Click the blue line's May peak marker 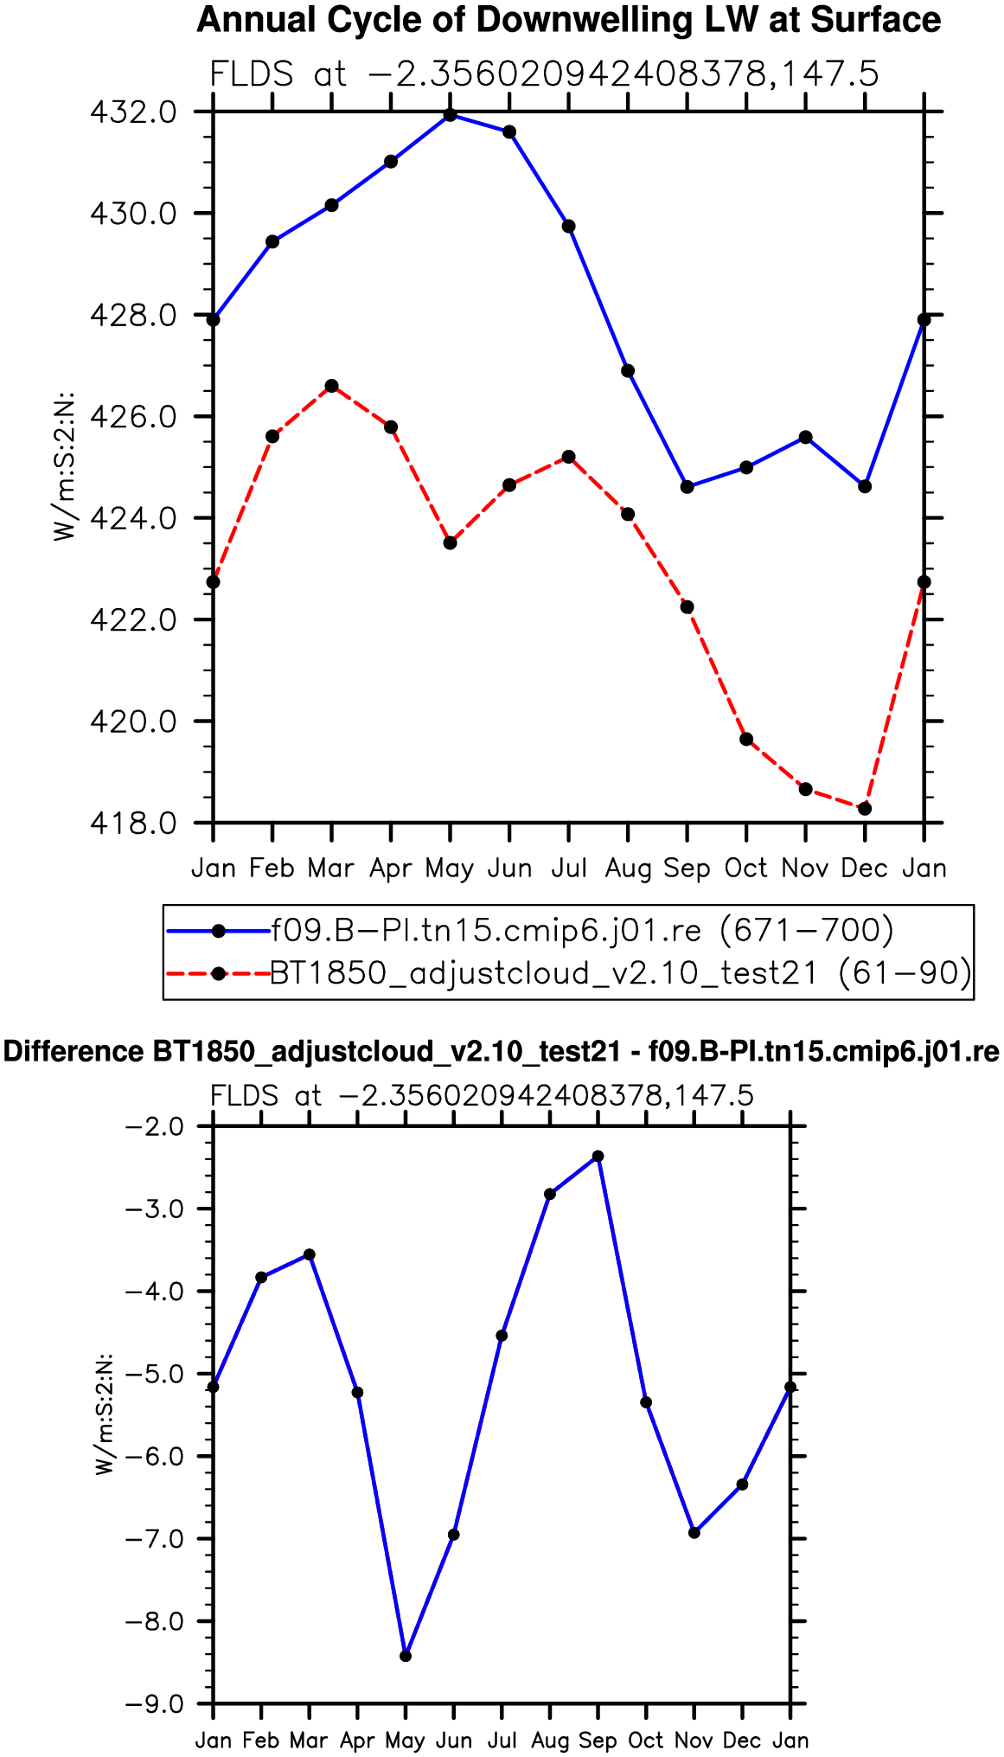pos(450,114)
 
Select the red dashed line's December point pos(864,808)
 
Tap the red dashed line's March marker pos(331,386)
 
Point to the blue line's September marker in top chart pos(687,487)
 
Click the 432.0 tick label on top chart pos(133,112)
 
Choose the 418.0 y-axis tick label pos(133,823)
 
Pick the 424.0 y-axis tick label pos(133,518)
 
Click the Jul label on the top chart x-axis pos(569,868)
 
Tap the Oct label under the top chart pos(745,868)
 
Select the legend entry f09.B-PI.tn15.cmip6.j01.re pos(486,930)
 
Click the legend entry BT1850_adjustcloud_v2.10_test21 pos(544,973)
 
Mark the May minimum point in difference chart pos(406,1656)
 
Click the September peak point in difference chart pos(598,1156)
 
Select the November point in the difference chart pos(694,1533)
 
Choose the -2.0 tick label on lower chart pos(155,1126)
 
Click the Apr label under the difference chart pos(357,1740)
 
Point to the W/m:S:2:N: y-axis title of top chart pos(66,467)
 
